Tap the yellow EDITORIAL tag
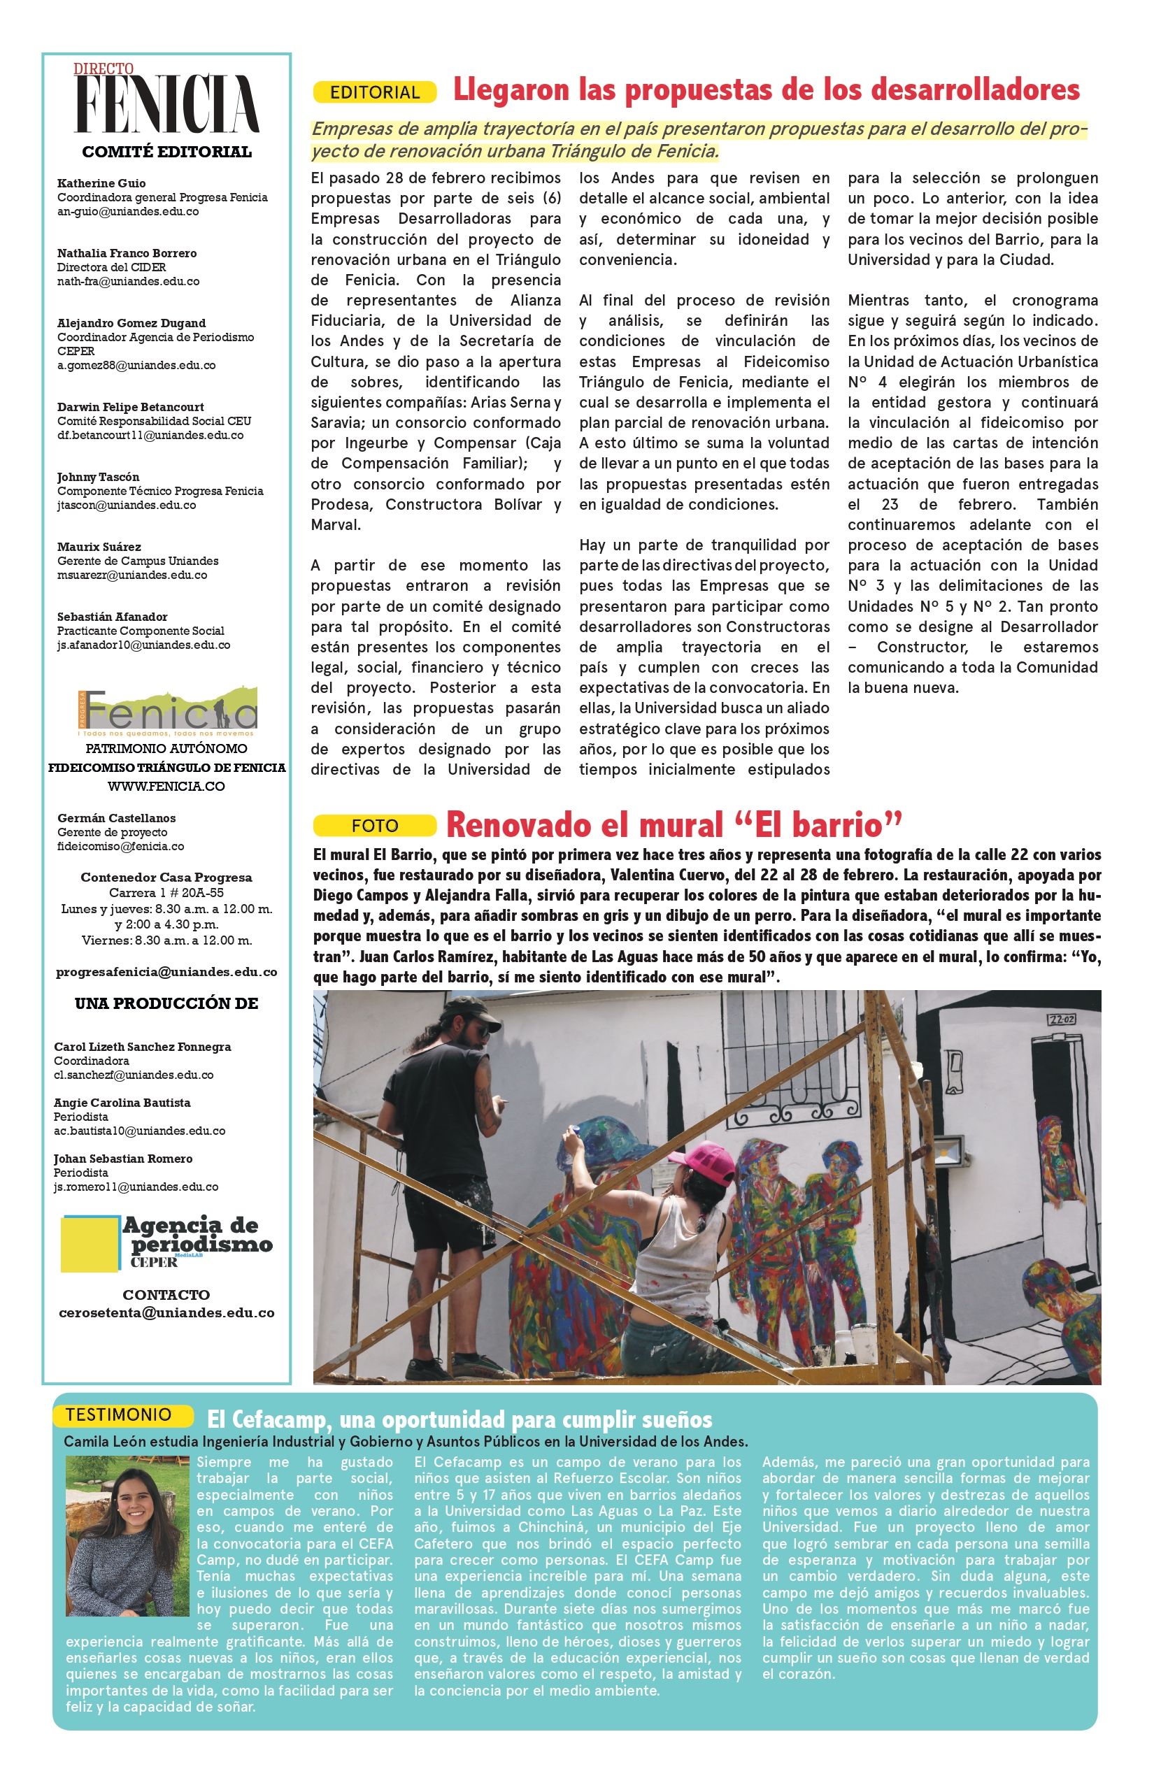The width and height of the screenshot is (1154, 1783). tap(375, 92)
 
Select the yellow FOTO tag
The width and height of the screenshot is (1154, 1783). tap(375, 826)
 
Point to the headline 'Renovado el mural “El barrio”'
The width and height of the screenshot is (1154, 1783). tap(673, 826)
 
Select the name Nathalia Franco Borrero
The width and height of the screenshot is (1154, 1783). tap(127, 253)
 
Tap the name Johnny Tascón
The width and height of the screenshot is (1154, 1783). tap(98, 476)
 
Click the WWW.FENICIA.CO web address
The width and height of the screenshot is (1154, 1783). tap(166, 786)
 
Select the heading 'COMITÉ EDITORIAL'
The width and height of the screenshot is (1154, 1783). tap(166, 152)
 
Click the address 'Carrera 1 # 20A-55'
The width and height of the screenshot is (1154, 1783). tap(166, 892)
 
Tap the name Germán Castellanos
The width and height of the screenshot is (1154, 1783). tap(116, 818)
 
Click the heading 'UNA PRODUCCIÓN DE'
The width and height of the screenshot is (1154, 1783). tap(166, 1003)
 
